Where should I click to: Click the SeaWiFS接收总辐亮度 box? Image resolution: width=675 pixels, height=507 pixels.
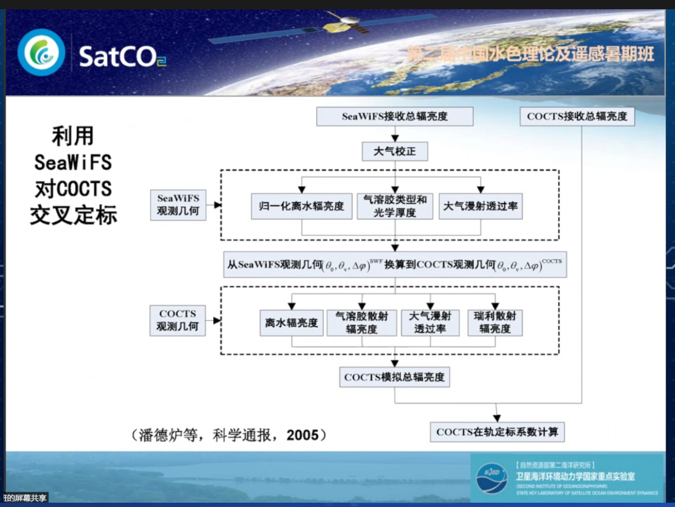click(x=395, y=117)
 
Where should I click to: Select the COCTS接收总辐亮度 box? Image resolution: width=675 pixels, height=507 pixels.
click(x=577, y=117)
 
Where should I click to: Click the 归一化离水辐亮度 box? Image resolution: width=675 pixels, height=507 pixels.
click(x=301, y=206)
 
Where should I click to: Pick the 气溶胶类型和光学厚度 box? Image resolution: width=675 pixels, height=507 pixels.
click(x=395, y=206)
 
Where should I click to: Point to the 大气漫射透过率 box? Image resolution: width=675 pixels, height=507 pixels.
click(x=481, y=206)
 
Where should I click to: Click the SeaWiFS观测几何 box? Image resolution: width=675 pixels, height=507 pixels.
click(x=178, y=205)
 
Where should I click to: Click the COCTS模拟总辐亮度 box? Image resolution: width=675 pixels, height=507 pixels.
click(x=395, y=377)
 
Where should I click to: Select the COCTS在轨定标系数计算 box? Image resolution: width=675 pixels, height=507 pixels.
click(x=497, y=432)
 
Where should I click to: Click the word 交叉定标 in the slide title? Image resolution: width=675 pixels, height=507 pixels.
click(x=73, y=215)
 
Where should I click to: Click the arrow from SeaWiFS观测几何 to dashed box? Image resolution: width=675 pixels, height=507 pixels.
click(x=214, y=205)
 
